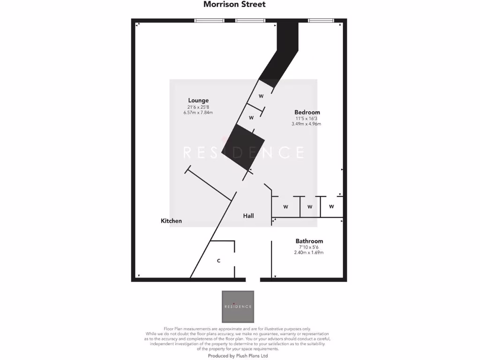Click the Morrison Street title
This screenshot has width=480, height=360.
click(234, 4)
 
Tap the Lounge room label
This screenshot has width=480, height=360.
click(198, 100)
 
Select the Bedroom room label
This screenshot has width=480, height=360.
click(307, 112)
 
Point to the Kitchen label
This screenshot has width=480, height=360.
click(171, 221)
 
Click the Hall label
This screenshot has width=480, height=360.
click(248, 216)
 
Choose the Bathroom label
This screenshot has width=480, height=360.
click(309, 241)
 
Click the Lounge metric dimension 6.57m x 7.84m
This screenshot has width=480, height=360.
click(198, 113)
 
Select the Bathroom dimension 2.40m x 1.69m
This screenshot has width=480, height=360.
click(309, 253)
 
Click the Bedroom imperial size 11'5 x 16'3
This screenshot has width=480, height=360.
click(307, 119)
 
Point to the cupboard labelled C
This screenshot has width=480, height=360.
click(218, 260)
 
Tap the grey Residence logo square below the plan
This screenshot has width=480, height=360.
click(238, 307)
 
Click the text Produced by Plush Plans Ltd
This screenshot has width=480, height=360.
click(238, 356)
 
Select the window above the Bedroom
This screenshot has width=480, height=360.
click(321, 20)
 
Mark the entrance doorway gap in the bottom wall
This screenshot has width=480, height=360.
click(253, 280)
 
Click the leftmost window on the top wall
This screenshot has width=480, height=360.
click(209, 20)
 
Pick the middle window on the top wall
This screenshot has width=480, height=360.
click(250, 20)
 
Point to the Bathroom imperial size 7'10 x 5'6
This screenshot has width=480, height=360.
click(309, 247)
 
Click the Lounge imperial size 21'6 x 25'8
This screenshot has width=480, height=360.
click(198, 107)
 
